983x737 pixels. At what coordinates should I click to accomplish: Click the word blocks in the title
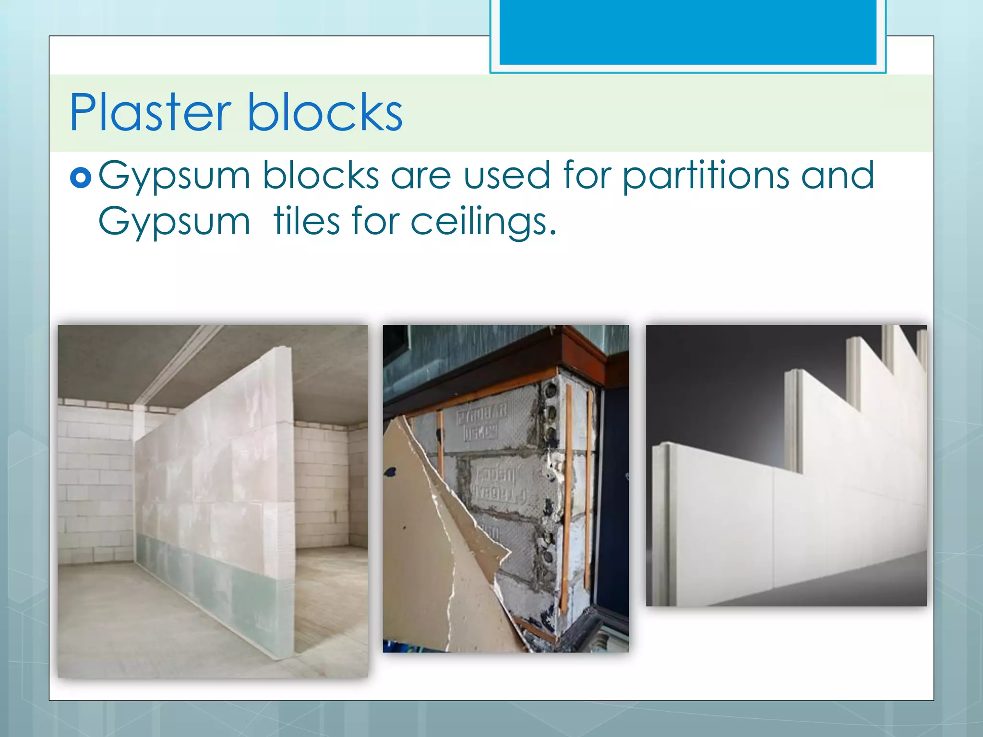(x=325, y=113)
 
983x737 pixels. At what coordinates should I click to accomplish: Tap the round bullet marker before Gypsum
(x=81, y=178)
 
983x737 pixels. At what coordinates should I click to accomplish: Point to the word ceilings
(x=483, y=222)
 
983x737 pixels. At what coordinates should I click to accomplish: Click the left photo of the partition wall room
(x=213, y=501)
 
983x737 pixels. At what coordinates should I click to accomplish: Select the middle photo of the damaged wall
(x=505, y=488)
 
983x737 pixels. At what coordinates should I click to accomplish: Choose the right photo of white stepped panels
(x=786, y=465)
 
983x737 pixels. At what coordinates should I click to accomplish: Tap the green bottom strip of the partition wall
(x=216, y=581)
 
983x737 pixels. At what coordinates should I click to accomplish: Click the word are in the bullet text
(x=421, y=176)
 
